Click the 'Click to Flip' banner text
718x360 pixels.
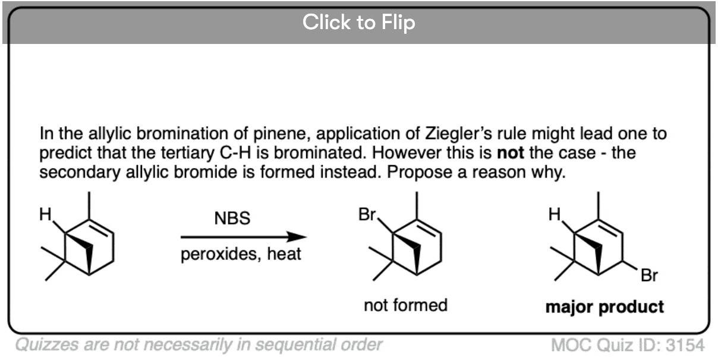358,23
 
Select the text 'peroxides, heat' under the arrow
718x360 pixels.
241,255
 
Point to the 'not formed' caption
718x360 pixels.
405,305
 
